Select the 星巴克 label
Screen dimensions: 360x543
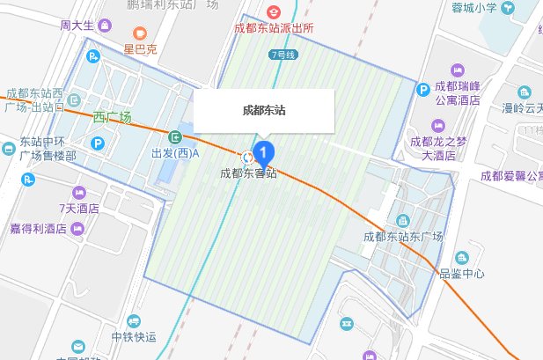pos(140,49)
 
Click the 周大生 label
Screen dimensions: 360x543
pos(77,26)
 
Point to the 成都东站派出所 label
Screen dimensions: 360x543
pos(274,27)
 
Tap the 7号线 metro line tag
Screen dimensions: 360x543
pos(283,54)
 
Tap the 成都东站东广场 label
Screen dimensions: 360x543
pos(401,236)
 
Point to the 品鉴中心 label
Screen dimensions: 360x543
pos(461,273)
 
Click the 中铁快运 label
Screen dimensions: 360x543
pos(133,336)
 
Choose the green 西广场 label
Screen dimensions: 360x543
pos(112,117)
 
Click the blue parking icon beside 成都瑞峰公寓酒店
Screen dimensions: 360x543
pos(423,88)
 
